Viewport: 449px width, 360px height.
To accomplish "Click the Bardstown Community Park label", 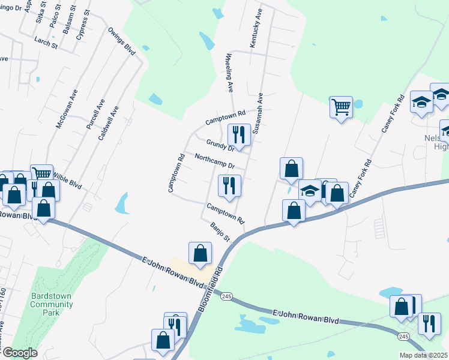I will (52, 299).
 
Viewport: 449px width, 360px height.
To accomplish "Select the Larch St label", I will (46, 44).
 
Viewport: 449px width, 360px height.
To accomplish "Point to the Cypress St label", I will (82, 25).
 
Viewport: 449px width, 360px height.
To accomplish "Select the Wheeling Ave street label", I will (229, 73).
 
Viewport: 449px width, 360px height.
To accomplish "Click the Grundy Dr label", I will (220, 145).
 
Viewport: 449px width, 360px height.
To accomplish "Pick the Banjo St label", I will (221, 231).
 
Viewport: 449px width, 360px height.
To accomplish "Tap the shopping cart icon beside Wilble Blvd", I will (41, 175).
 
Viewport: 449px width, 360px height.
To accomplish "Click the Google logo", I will (20, 353).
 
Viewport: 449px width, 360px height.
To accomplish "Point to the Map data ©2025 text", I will (423, 355).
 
